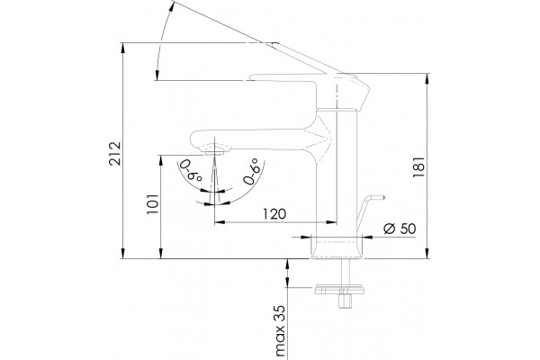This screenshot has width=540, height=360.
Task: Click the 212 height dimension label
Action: pos(115,153)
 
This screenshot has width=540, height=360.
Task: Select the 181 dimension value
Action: pos(418,167)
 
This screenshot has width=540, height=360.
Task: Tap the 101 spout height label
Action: pos(153,204)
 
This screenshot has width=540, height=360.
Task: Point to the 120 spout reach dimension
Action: pos(274,214)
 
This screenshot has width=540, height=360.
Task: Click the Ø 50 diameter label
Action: pos(400,229)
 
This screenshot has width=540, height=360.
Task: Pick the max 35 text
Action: pos(281,330)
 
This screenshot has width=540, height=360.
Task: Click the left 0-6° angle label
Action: pos(191,170)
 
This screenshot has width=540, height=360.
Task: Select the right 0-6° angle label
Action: pos(251,171)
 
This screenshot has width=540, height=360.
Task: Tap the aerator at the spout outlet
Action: pos(213,150)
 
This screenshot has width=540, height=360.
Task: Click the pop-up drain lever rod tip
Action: pos(382,197)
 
